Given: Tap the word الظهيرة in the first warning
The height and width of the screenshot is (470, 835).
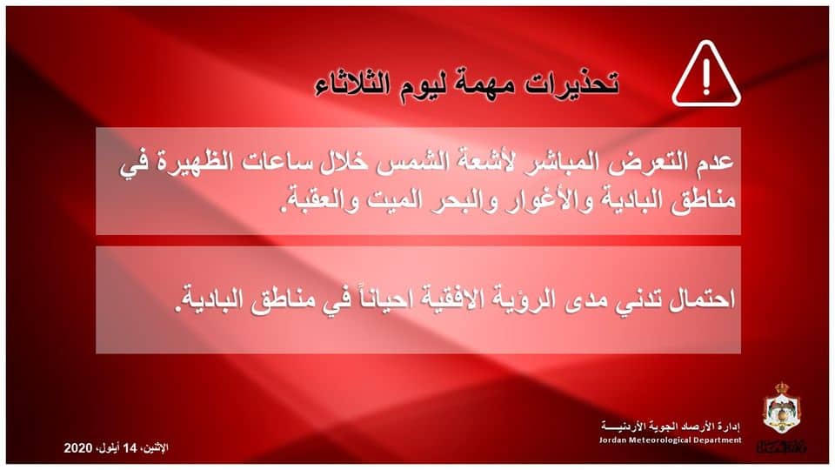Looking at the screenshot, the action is click(x=186, y=163).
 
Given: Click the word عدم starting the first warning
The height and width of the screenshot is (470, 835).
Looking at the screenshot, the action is click(x=715, y=162).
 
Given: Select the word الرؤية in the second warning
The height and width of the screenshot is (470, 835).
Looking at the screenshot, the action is click(x=519, y=299).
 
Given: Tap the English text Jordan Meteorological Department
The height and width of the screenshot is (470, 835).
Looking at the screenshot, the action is click(x=671, y=440).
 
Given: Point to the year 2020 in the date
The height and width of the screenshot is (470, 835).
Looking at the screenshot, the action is click(x=78, y=448).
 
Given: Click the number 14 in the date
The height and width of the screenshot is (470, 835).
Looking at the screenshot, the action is click(x=130, y=448).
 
